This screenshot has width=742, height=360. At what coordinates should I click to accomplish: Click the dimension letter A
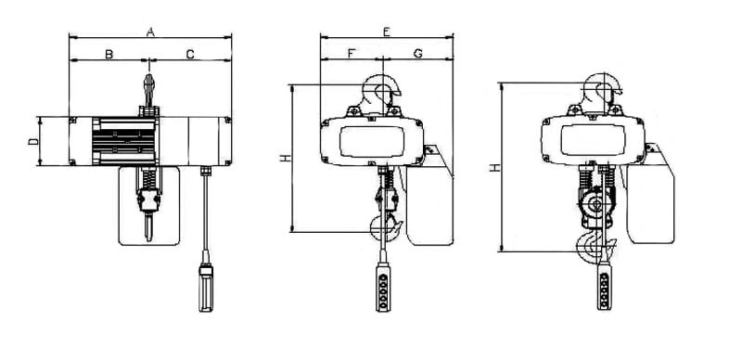coord(150,32)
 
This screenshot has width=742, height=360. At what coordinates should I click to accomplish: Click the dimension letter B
coord(109,55)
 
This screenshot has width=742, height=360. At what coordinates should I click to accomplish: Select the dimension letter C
coord(190,55)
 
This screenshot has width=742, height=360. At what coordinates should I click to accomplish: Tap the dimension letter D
coord(33,141)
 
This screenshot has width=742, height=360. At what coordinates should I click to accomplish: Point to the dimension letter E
coord(386,32)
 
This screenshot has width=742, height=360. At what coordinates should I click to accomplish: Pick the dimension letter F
coord(351,54)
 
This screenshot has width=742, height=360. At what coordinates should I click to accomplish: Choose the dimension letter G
coord(418,54)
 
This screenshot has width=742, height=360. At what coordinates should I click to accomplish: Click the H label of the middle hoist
coord(285,159)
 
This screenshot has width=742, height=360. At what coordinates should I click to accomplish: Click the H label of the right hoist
coord(494,167)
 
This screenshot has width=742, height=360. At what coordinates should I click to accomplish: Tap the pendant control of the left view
coord(206,288)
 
